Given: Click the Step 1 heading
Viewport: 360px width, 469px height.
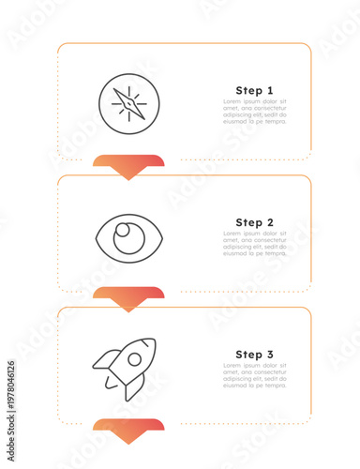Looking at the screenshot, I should point(254,90).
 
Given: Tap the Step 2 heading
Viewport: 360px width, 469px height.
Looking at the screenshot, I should point(254,222).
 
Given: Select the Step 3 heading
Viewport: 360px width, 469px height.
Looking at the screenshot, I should point(254,355).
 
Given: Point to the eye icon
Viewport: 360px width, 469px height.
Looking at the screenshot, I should point(129,235).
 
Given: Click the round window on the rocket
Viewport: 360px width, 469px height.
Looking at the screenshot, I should point(136,358).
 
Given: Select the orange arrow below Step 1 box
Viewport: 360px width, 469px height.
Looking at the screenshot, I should point(128,166).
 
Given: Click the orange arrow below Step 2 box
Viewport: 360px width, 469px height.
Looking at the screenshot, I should point(128,298).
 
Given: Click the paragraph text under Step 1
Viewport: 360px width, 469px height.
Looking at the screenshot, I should point(254,112).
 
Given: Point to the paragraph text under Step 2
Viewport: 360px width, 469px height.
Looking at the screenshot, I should point(254,244).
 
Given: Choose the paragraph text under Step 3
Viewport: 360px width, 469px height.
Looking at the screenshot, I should point(254,376).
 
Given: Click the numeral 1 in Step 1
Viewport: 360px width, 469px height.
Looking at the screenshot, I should point(271,90).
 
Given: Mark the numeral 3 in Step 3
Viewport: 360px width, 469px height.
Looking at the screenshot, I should point(270,355).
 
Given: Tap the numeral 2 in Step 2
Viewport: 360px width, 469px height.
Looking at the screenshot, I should point(270,222).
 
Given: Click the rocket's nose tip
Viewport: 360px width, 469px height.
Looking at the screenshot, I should point(152,342).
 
